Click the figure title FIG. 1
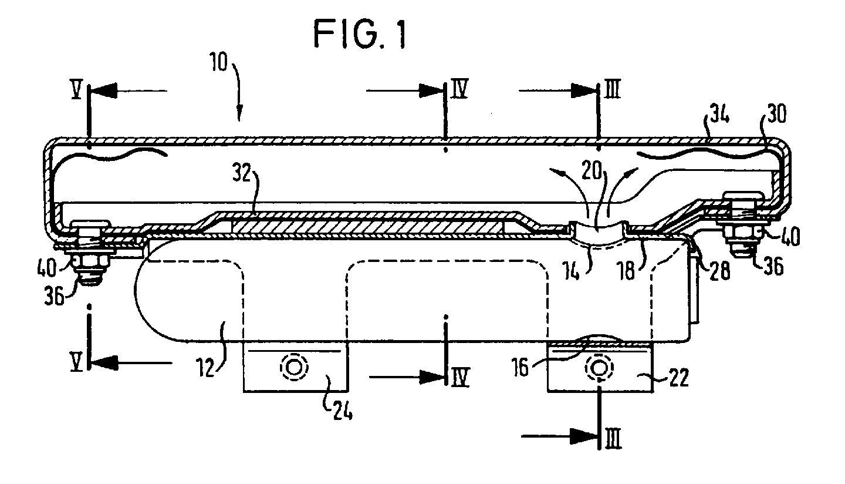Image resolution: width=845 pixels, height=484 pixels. click(360, 35)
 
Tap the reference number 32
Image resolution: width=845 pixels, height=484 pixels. click(242, 173)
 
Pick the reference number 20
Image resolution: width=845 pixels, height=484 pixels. click(591, 172)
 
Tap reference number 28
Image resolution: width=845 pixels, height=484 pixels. click(719, 270)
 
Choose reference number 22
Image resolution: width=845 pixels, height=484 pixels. click(678, 378)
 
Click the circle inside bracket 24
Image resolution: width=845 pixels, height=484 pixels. click(294, 367)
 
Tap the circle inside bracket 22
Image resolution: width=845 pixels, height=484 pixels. click(599, 367)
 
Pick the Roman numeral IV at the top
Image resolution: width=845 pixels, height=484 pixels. click(460, 89)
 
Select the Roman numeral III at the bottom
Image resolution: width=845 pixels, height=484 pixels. click(613, 439)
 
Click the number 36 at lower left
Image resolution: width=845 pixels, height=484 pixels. click(55, 295)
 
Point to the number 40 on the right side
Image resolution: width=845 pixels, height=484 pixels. click(789, 237)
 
